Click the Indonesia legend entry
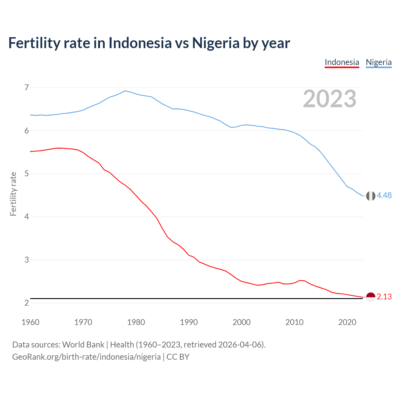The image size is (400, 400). coord(342,62)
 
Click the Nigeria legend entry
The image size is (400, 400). coord(378,62)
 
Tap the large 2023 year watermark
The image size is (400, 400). coord(329,99)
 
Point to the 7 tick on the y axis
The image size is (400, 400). coord(27,87)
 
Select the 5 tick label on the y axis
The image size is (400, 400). coord(27,173)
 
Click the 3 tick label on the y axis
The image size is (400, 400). coord(27,260)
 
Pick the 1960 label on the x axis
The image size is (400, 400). coord(30,322)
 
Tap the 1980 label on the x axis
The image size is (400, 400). coord(136,322)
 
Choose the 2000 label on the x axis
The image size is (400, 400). coord(242,322)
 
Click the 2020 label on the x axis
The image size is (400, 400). coord(347,322)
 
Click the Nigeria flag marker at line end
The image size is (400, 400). coord(371,196)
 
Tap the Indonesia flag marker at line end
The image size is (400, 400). coord(371,297)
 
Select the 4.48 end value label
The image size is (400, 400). coord(384,195)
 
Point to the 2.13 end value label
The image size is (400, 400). coord(384,297)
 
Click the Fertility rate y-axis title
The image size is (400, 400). coord(13,194)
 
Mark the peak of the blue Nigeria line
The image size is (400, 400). coord(125,91)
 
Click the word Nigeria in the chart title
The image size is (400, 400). coord(216,43)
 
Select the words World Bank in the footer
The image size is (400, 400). coord(83,344)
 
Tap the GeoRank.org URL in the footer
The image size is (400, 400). coord(86,357)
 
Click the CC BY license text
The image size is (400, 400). coord(178,357)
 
